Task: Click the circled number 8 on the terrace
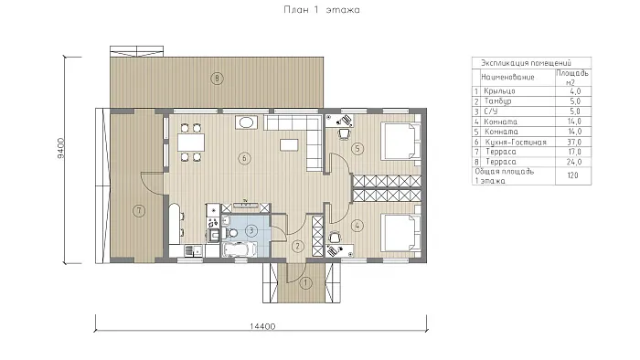coord(218,78)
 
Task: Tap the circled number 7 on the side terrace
coord(139,211)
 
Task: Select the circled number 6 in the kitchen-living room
coord(244,158)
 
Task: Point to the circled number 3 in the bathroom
coord(251,231)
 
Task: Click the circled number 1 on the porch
coord(306,282)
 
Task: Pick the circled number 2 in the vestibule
coord(298,246)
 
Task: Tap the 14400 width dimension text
coord(262,326)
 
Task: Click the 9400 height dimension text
coord(60,148)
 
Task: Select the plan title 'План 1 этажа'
coord(322,10)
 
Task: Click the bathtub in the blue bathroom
coord(239,249)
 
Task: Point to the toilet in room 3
coord(231,233)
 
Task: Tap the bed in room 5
coord(400,141)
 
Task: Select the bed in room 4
coord(400,232)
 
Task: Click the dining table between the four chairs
coord(190,143)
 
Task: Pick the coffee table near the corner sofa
coord(289,144)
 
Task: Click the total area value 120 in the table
coord(572,175)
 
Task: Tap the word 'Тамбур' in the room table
coord(497,101)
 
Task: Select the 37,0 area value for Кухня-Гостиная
coord(574,142)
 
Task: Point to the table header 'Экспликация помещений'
coord(526,63)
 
